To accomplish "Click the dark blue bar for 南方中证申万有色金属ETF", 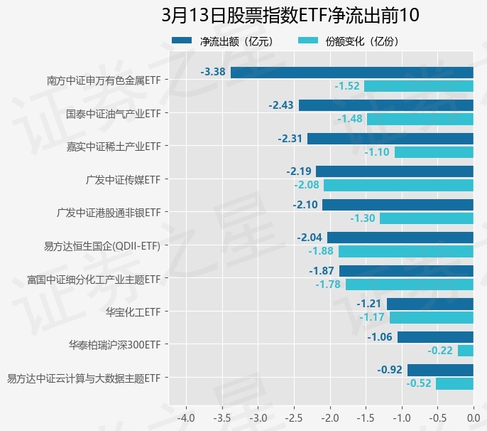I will tap(351, 72).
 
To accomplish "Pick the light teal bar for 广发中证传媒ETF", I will tap(398, 185).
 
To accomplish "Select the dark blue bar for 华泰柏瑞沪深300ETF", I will tap(435, 337).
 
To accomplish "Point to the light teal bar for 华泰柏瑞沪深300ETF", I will tap(466, 351).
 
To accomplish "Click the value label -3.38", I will tap(213, 72).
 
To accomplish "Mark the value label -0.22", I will tap(440, 351).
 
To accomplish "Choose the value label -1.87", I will tap(322, 271).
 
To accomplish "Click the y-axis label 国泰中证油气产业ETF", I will tap(113, 113).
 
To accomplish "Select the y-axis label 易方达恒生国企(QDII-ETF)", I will tap(102, 246).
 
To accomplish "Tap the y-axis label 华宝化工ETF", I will tap(133, 312).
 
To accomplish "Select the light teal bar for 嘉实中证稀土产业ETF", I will tap(434, 152).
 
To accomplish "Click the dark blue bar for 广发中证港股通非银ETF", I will tap(398, 205).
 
